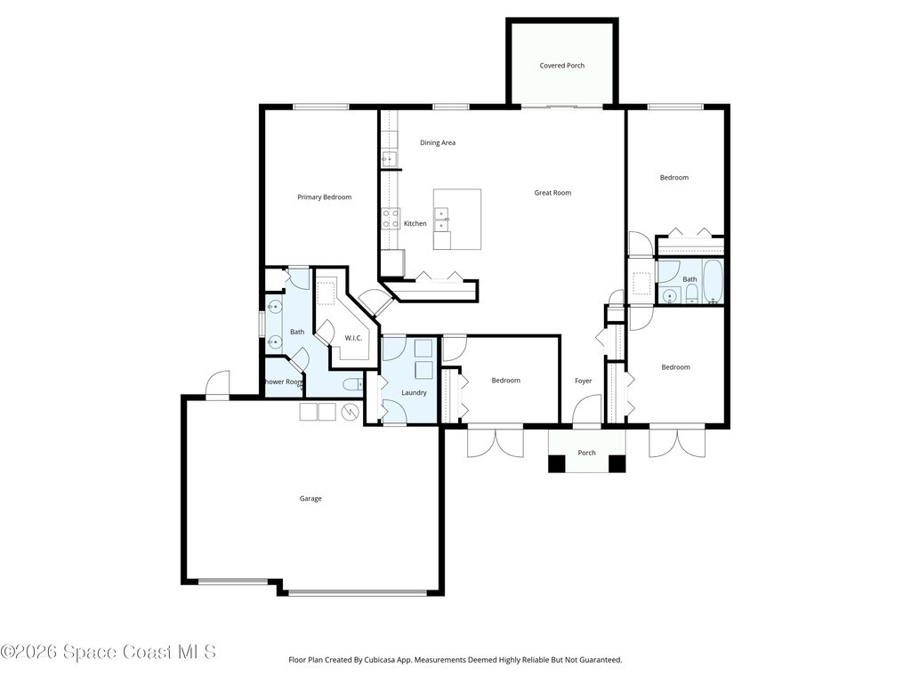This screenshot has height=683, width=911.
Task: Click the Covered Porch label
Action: click(562, 66)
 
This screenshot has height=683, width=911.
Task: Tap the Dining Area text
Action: click(438, 143)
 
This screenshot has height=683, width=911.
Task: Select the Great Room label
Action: click(552, 193)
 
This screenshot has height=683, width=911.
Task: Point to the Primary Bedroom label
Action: click(324, 197)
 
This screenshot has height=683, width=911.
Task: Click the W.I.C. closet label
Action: click(353, 338)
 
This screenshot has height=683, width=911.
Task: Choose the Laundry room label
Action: click(414, 392)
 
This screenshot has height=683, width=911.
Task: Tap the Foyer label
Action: click(584, 381)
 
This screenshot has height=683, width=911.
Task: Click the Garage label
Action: click(310, 498)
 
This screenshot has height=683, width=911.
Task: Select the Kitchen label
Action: click(415, 223)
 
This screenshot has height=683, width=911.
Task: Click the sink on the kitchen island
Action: click(441, 218)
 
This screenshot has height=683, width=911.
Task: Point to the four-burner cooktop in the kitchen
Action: click(390, 219)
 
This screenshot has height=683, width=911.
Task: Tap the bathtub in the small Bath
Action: click(713, 282)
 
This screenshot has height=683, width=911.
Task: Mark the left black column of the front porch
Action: click(557, 463)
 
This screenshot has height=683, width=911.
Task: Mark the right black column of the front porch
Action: click(617, 463)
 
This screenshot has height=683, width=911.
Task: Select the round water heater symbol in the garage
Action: click(351, 411)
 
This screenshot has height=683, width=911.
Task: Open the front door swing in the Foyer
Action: click(587, 409)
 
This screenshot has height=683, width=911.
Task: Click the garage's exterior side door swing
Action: click(218, 383)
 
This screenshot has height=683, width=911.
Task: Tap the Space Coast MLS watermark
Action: click(108, 652)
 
